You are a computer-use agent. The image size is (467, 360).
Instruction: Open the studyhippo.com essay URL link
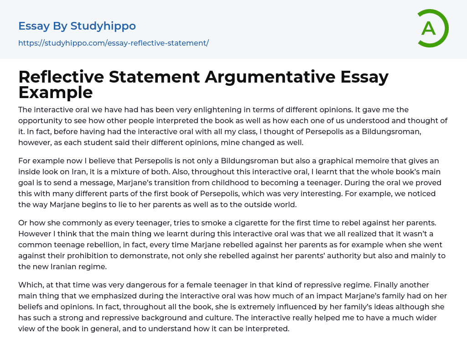113,43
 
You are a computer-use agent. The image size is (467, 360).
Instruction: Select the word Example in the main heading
56,92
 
